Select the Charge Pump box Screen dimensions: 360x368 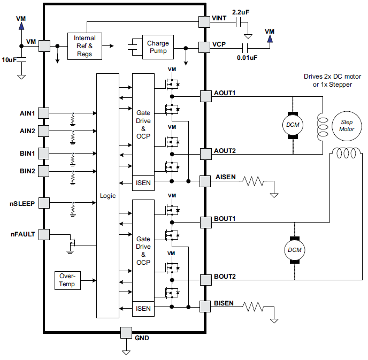coord(158,47)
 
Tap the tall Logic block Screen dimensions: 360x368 coord(108,196)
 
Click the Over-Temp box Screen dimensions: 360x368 coord(68,280)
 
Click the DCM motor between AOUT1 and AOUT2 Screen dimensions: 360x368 coord(293,125)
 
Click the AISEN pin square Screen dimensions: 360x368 coord(205,181)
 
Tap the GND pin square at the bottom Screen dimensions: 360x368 coord(126,332)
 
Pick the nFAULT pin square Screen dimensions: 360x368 coord(44,234)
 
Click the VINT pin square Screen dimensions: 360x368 coord(204,21)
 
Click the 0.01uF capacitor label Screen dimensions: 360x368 coord(247,57)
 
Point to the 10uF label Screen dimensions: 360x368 coord(9,60)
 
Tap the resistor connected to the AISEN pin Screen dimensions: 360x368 coord(253,181)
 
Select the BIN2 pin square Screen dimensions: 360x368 coord(44,171)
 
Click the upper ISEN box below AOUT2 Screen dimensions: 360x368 coord(143,183)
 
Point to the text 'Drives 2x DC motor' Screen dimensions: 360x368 coord(327,76)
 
